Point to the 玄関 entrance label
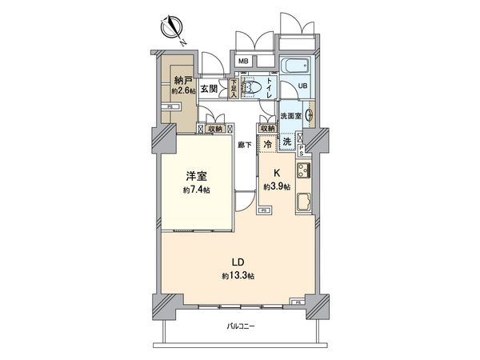(x=210, y=88)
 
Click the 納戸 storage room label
(x=182, y=80)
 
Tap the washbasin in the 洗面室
(x=309, y=114)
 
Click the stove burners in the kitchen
(x=302, y=170)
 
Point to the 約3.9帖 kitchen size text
(x=278, y=186)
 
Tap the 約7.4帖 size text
(x=195, y=190)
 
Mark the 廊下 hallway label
(x=245, y=145)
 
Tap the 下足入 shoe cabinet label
(x=234, y=88)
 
